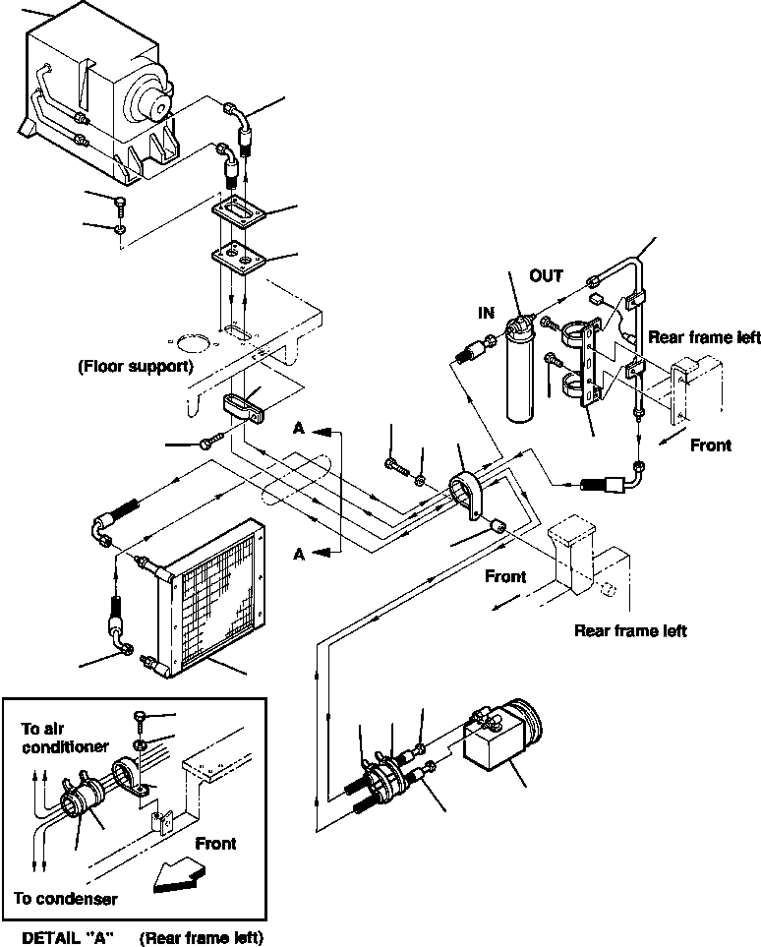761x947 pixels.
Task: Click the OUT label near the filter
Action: click(546, 276)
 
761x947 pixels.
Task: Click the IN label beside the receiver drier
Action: click(486, 313)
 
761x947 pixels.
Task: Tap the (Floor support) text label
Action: click(136, 366)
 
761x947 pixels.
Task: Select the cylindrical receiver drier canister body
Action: click(519, 370)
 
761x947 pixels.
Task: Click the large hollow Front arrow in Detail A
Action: click(179, 877)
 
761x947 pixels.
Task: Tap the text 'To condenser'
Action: click(66, 898)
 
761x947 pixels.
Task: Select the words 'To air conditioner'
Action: click(65, 738)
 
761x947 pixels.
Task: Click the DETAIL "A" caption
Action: click(68, 937)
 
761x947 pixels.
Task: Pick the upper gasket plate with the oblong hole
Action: click(239, 212)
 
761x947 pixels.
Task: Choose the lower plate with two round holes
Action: click(239, 259)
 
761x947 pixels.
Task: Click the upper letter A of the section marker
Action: click(299, 428)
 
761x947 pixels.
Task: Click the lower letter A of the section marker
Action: click(299, 554)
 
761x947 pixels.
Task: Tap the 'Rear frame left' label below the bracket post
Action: click(630, 631)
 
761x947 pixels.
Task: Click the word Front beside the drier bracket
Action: click(711, 445)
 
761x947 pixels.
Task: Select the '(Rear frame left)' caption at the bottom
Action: click(202, 937)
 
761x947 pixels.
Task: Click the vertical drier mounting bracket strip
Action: click(590, 363)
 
